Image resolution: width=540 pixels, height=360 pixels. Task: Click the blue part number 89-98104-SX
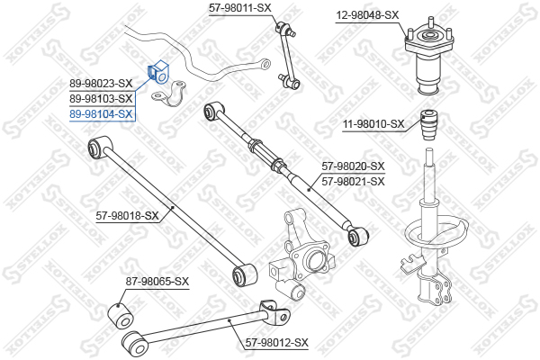101,113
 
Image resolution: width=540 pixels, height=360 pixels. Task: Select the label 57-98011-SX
240,8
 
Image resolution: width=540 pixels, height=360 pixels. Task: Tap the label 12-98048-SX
367,15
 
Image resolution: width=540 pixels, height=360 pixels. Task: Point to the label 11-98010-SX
373,124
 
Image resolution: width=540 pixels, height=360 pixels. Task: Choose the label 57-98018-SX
127,216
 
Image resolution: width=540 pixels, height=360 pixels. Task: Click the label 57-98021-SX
353,182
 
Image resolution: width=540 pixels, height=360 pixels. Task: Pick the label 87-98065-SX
157,282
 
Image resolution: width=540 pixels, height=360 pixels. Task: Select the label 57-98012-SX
277,343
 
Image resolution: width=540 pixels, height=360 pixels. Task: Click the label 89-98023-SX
101,84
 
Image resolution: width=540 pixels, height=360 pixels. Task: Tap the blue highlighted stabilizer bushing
159,72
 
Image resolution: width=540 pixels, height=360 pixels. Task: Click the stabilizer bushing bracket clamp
168,94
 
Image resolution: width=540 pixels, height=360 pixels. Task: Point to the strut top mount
428,55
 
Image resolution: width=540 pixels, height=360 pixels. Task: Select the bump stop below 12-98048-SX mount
429,125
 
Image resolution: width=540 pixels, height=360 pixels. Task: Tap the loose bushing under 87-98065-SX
121,315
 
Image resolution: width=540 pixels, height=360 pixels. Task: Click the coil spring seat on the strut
436,230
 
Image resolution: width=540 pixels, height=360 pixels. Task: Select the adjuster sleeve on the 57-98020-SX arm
265,152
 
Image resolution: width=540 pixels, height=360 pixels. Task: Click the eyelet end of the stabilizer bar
265,63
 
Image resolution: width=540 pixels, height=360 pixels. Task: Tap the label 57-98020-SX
353,166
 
